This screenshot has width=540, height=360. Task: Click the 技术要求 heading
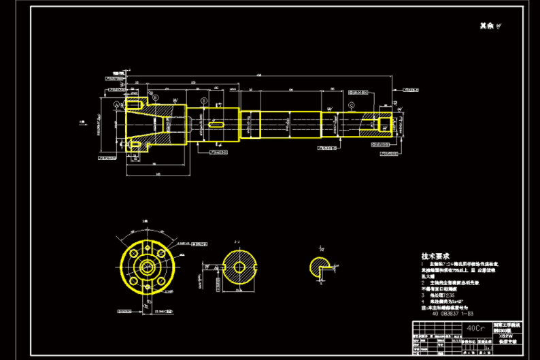[x=435, y=255]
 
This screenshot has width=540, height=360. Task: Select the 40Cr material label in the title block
[x=476, y=328]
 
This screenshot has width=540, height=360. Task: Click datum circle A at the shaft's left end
[x=116, y=104]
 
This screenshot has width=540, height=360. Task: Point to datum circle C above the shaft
[x=351, y=105]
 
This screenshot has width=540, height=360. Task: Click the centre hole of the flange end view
[x=146, y=264]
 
